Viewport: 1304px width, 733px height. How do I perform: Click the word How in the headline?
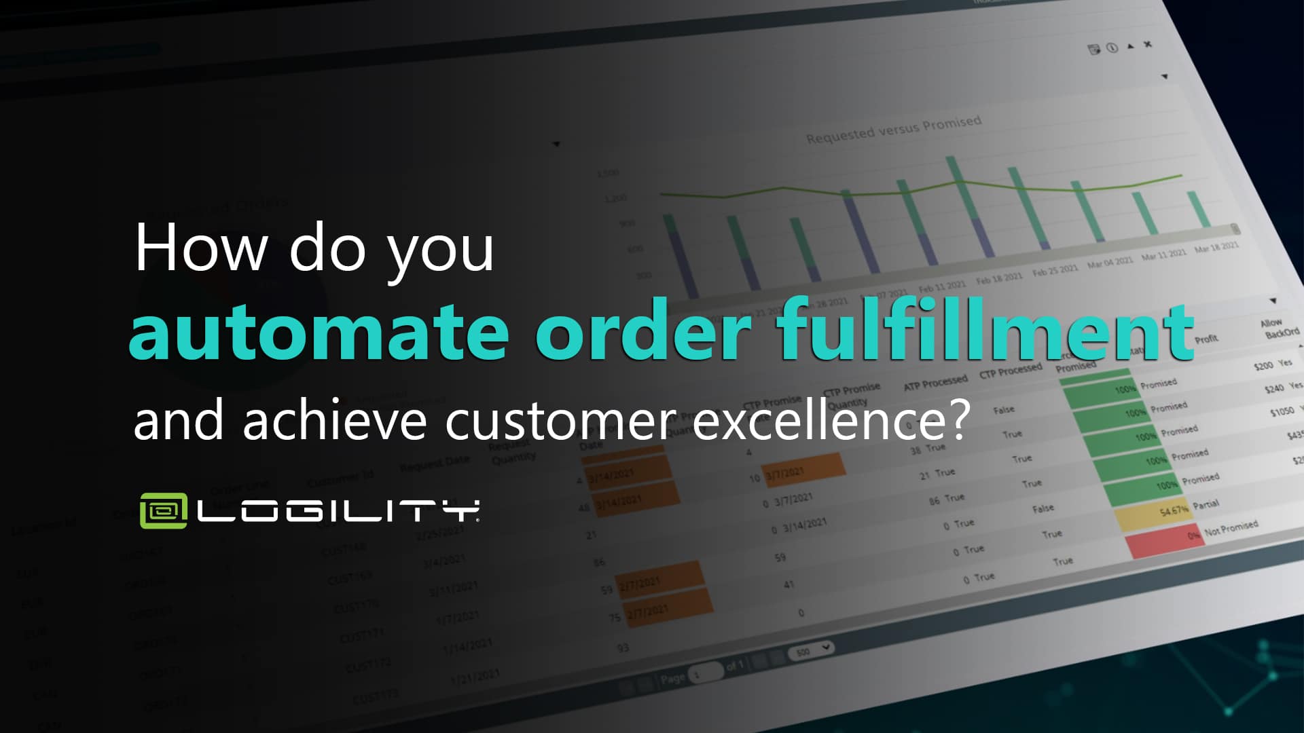tap(201, 248)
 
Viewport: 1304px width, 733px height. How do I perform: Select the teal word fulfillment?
tap(985, 331)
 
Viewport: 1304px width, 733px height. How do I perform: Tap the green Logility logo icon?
tap(163, 510)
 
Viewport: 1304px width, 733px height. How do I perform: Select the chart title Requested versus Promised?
tap(893, 130)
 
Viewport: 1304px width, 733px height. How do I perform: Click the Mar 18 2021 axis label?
tap(1216, 247)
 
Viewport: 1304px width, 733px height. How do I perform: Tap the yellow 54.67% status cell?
tap(1155, 514)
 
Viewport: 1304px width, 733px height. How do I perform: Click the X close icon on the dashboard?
tap(1148, 45)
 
